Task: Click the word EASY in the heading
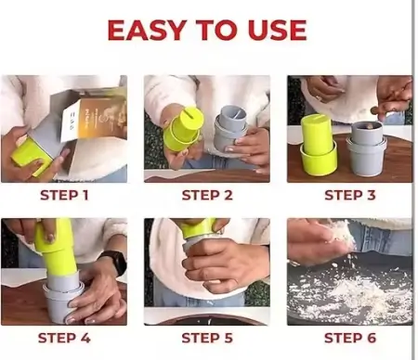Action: [147, 30]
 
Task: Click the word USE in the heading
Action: [277, 30]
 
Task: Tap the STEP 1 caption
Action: [64, 195]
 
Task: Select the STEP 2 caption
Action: [207, 195]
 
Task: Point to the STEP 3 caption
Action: [350, 195]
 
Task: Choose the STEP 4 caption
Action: [64, 338]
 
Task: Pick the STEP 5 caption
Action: [207, 338]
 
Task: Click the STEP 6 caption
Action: [350, 338]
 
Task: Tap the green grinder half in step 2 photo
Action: [183, 128]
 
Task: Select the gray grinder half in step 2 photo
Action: [230, 127]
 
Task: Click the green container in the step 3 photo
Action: [319, 145]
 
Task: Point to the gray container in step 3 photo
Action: [367, 148]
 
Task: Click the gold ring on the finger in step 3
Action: [319, 97]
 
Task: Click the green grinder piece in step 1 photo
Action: [33, 157]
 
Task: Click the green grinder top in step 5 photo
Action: [198, 228]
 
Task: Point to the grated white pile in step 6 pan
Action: [350, 295]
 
